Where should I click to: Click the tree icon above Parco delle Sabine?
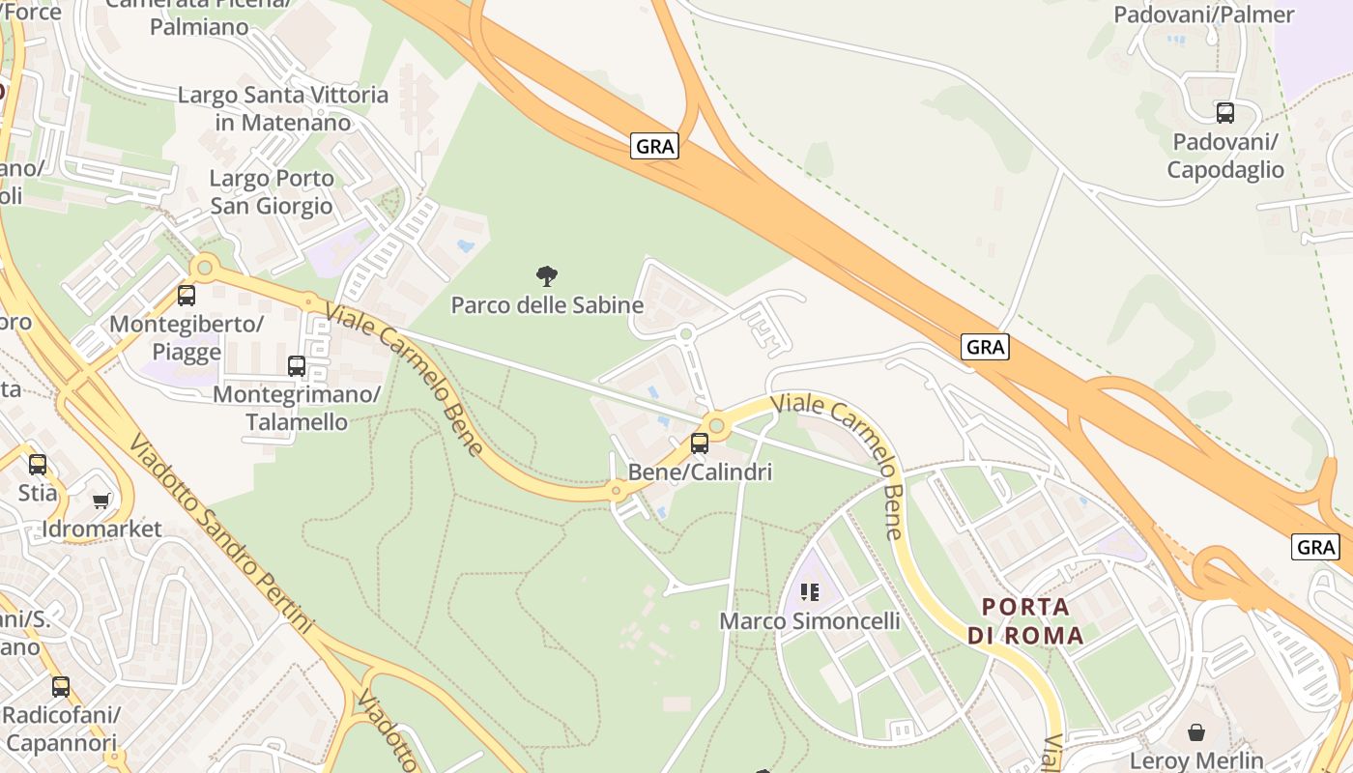click(x=547, y=276)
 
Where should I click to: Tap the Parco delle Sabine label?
click(x=547, y=305)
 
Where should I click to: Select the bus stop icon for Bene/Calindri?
click(x=699, y=444)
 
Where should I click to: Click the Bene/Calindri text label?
click(x=700, y=472)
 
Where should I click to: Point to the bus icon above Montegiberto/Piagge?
click(x=187, y=296)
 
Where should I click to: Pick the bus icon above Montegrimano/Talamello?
click(x=297, y=366)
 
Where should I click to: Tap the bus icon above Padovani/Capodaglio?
click(x=1225, y=113)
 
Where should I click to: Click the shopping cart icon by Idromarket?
click(x=101, y=501)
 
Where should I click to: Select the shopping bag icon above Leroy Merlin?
click(x=1196, y=732)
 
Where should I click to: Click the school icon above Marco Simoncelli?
click(x=810, y=591)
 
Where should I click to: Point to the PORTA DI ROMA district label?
click(x=1025, y=621)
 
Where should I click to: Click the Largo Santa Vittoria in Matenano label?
click(x=283, y=108)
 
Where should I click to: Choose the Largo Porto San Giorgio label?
click(x=272, y=191)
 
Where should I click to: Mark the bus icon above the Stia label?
click(x=38, y=465)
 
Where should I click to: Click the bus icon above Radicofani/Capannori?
click(x=61, y=687)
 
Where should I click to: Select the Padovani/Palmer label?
click(x=1203, y=14)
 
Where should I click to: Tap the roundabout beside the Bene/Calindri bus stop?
click(x=716, y=424)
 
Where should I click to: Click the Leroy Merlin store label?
click(x=1196, y=760)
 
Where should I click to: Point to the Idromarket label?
click(x=101, y=530)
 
